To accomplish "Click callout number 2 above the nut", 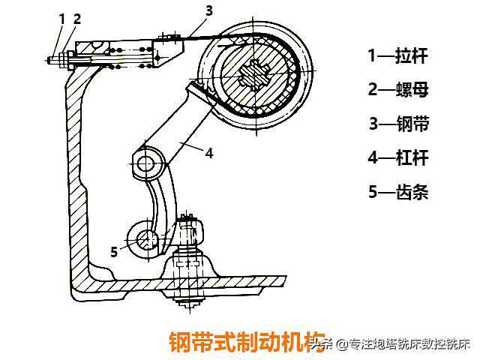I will (x=76, y=16).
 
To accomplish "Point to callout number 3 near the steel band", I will (x=209, y=10).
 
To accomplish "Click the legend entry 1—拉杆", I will (x=397, y=55).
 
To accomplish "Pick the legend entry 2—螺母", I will (x=397, y=89).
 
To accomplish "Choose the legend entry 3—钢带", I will (x=397, y=124).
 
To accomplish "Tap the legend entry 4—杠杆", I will (x=397, y=158).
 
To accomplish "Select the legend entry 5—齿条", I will (x=397, y=193).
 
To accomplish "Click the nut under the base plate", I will (x=192, y=304).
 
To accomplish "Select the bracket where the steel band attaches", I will (x=172, y=47).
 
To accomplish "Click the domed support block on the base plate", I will (x=191, y=266).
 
